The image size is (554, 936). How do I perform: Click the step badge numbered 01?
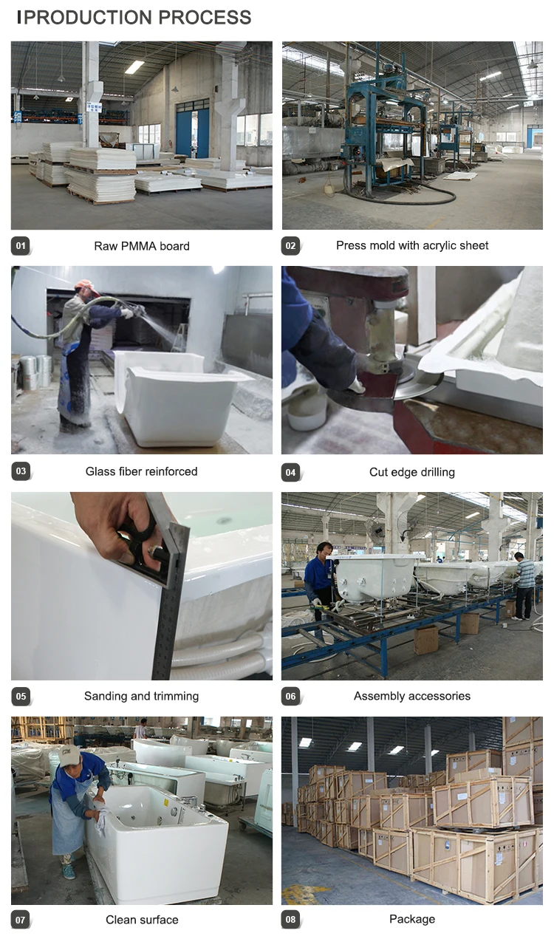pos(21,246)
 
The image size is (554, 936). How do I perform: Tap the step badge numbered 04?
pos(290,472)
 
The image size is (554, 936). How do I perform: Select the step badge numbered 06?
pos(290,696)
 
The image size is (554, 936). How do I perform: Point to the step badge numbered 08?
pos(290,920)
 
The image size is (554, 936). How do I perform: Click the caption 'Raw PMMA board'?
pos(142,246)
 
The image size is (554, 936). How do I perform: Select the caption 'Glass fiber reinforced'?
pos(141,471)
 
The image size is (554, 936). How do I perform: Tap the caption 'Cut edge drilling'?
pos(412,472)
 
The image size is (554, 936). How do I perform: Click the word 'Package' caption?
pos(412,919)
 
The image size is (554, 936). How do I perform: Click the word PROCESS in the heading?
pos(205,18)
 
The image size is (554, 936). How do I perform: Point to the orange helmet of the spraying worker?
pos(84,285)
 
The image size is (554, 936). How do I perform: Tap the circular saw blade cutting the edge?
pos(418,381)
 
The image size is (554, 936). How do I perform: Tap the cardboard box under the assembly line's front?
pos(425,640)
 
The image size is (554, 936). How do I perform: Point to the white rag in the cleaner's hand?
pos(100,819)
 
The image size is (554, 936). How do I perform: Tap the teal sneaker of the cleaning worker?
pos(69,871)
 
